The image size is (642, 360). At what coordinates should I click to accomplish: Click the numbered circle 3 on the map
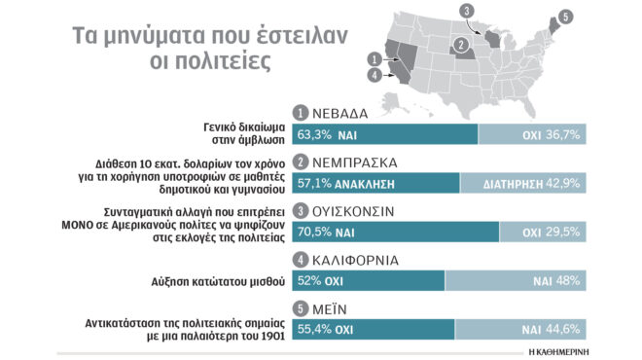click(467, 11)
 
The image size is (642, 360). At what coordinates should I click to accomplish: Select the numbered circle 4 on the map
click(374, 74)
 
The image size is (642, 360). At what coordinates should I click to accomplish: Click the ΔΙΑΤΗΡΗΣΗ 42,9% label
click(534, 183)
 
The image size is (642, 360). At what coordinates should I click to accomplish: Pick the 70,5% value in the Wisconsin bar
click(314, 233)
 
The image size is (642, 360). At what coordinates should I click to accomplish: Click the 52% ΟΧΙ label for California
click(322, 281)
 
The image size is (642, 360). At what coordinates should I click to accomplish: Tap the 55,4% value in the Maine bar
click(314, 330)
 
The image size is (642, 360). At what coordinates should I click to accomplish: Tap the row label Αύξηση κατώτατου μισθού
click(225, 281)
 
